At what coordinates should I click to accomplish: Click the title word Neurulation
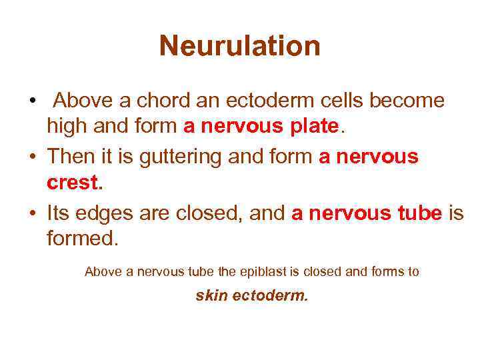coord(240,46)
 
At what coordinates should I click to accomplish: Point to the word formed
coord(82,237)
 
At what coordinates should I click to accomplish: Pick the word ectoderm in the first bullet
coord(255,101)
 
